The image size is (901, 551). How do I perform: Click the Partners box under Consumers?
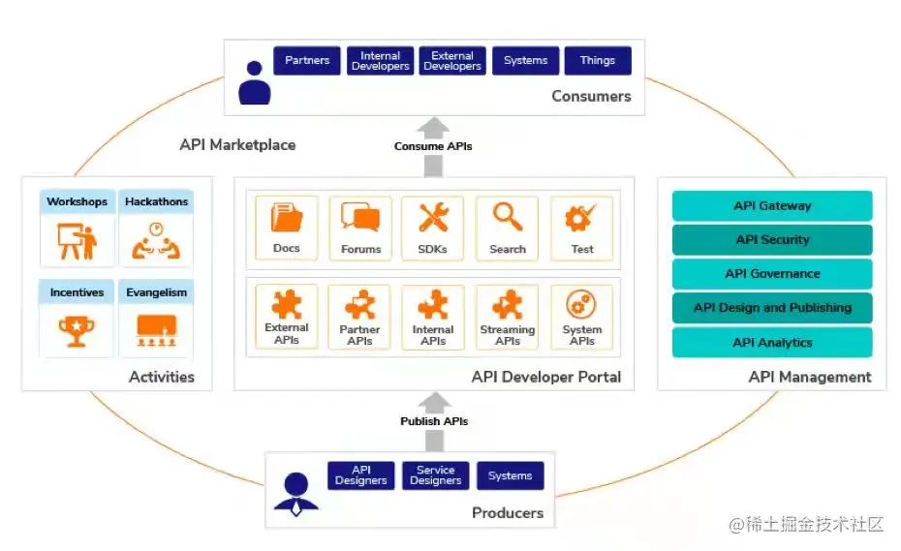pyautogui.click(x=307, y=61)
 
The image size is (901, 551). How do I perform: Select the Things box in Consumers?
pyautogui.click(x=598, y=61)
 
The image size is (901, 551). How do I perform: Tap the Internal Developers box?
pyautogui.click(x=380, y=61)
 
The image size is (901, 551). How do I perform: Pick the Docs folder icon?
pyautogui.click(x=287, y=219)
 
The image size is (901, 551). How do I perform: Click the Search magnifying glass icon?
pyautogui.click(x=507, y=218)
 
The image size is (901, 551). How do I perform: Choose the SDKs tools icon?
pyautogui.click(x=433, y=218)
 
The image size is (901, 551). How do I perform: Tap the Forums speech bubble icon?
pyautogui.click(x=360, y=218)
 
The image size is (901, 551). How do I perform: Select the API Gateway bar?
pyautogui.click(x=772, y=205)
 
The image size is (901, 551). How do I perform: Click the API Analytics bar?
pyautogui.click(x=772, y=342)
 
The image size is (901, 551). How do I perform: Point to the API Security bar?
pyautogui.click(x=772, y=239)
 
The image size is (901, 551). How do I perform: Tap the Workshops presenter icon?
pyautogui.click(x=77, y=242)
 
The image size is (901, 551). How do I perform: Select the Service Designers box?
pyautogui.click(x=436, y=475)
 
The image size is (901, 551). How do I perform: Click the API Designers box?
pyautogui.click(x=360, y=475)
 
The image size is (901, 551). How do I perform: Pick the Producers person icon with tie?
pyautogui.click(x=295, y=493)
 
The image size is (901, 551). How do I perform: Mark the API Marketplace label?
pyautogui.click(x=237, y=145)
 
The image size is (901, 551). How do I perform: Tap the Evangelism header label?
pyautogui.click(x=156, y=292)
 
